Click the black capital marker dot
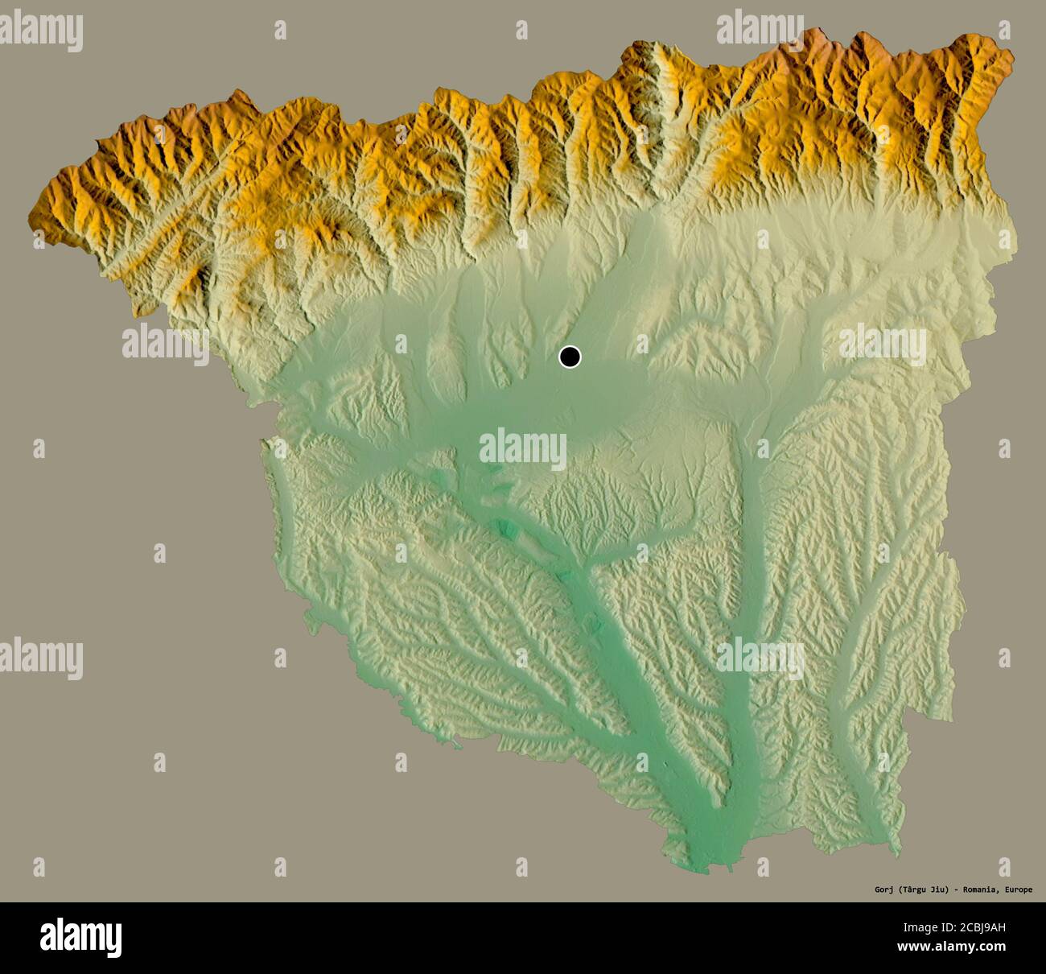[x=570, y=357]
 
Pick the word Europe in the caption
[x=1021, y=889]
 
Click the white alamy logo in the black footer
[x=80, y=937]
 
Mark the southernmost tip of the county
[x=708, y=872]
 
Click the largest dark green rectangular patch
[x=507, y=530]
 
